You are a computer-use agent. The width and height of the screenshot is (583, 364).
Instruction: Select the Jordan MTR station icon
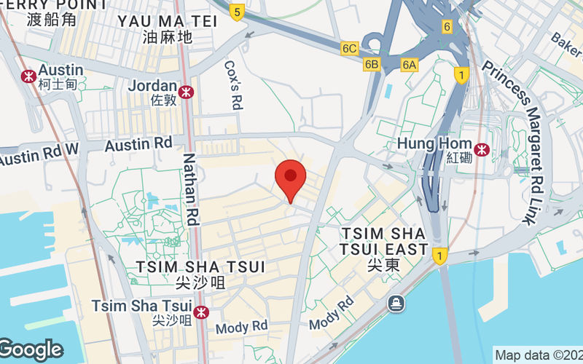[x=187, y=91]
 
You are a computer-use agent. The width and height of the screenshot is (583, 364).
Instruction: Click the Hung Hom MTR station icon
[x=481, y=150]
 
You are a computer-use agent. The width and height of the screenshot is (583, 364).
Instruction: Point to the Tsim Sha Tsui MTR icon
[x=202, y=312]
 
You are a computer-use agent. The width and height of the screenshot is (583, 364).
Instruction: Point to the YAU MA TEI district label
[x=168, y=21]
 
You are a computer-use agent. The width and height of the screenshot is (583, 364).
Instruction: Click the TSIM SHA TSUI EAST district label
[x=383, y=242]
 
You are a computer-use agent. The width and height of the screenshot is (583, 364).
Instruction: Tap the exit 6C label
[x=350, y=49]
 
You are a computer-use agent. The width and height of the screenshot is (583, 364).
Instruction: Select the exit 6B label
[x=372, y=64]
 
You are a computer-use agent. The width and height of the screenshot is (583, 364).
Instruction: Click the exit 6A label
[x=410, y=65]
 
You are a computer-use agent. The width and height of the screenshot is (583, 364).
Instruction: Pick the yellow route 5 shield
[x=236, y=12]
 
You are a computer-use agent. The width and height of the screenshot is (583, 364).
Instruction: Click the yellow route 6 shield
[x=447, y=26]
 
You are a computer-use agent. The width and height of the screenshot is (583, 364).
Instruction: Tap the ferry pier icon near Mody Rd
[x=396, y=302]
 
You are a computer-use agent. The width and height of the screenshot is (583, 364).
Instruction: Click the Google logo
[x=31, y=349]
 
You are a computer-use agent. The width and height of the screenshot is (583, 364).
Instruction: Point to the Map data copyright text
[x=538, y=355]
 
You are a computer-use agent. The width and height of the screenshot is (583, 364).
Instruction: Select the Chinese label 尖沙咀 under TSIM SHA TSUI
[x=200, y=280]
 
